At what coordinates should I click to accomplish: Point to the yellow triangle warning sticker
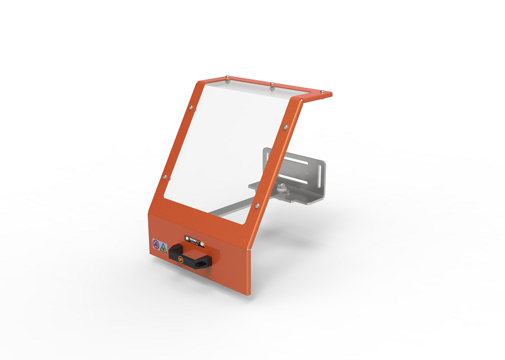(163, 246)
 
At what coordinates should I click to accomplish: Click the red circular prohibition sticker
(155, 244)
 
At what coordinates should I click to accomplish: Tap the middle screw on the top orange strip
(271, 84)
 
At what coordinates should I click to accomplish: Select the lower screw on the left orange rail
(165, 177)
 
